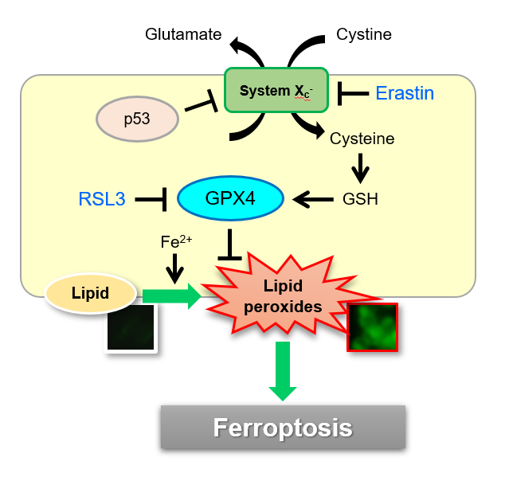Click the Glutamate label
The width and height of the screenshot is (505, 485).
click(183, 34)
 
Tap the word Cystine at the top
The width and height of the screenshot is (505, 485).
click(364, 34)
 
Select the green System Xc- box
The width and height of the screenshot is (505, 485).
click(276, 90)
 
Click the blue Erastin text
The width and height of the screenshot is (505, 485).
click(405, 93)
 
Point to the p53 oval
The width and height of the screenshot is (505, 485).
click(137, 119)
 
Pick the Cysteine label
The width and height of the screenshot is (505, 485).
click(362, 139)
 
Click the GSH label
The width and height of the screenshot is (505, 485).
click(360, 199)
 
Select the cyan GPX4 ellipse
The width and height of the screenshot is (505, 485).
click(231, 198)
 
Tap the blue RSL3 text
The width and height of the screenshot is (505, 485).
click(102, 199)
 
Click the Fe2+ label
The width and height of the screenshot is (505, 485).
click(176, 241)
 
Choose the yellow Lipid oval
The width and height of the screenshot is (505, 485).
click(91, 293)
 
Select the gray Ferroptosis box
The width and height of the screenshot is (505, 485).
click(283, 427)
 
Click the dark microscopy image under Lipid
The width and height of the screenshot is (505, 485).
click(131, 327)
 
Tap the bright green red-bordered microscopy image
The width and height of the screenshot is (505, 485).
click(372, 327)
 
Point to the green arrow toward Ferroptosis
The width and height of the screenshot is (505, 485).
click(283, 371)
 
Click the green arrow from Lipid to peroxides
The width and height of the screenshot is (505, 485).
click(172, 296)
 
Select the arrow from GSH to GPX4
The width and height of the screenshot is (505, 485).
click(313, 199)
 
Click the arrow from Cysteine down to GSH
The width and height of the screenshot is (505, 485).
click(360, 168)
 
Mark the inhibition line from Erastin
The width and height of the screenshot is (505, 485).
click(354, 94)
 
